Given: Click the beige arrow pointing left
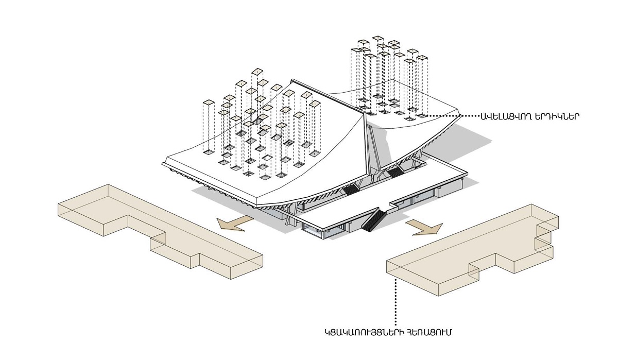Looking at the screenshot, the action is (235, 223).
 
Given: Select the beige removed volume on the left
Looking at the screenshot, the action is (160, 231).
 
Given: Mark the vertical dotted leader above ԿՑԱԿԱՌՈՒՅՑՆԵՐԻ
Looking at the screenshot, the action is (396, 302).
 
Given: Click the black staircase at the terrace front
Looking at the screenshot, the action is (373, 220).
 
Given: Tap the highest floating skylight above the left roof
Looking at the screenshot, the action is (257, 72).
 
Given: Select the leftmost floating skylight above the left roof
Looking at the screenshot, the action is (209, 102).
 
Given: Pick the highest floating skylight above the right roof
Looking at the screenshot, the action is (377, 38).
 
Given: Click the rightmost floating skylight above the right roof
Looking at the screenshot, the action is (422, 58).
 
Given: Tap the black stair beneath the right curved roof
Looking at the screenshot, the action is (395, 172).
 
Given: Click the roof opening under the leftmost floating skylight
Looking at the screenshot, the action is (209, 151).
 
